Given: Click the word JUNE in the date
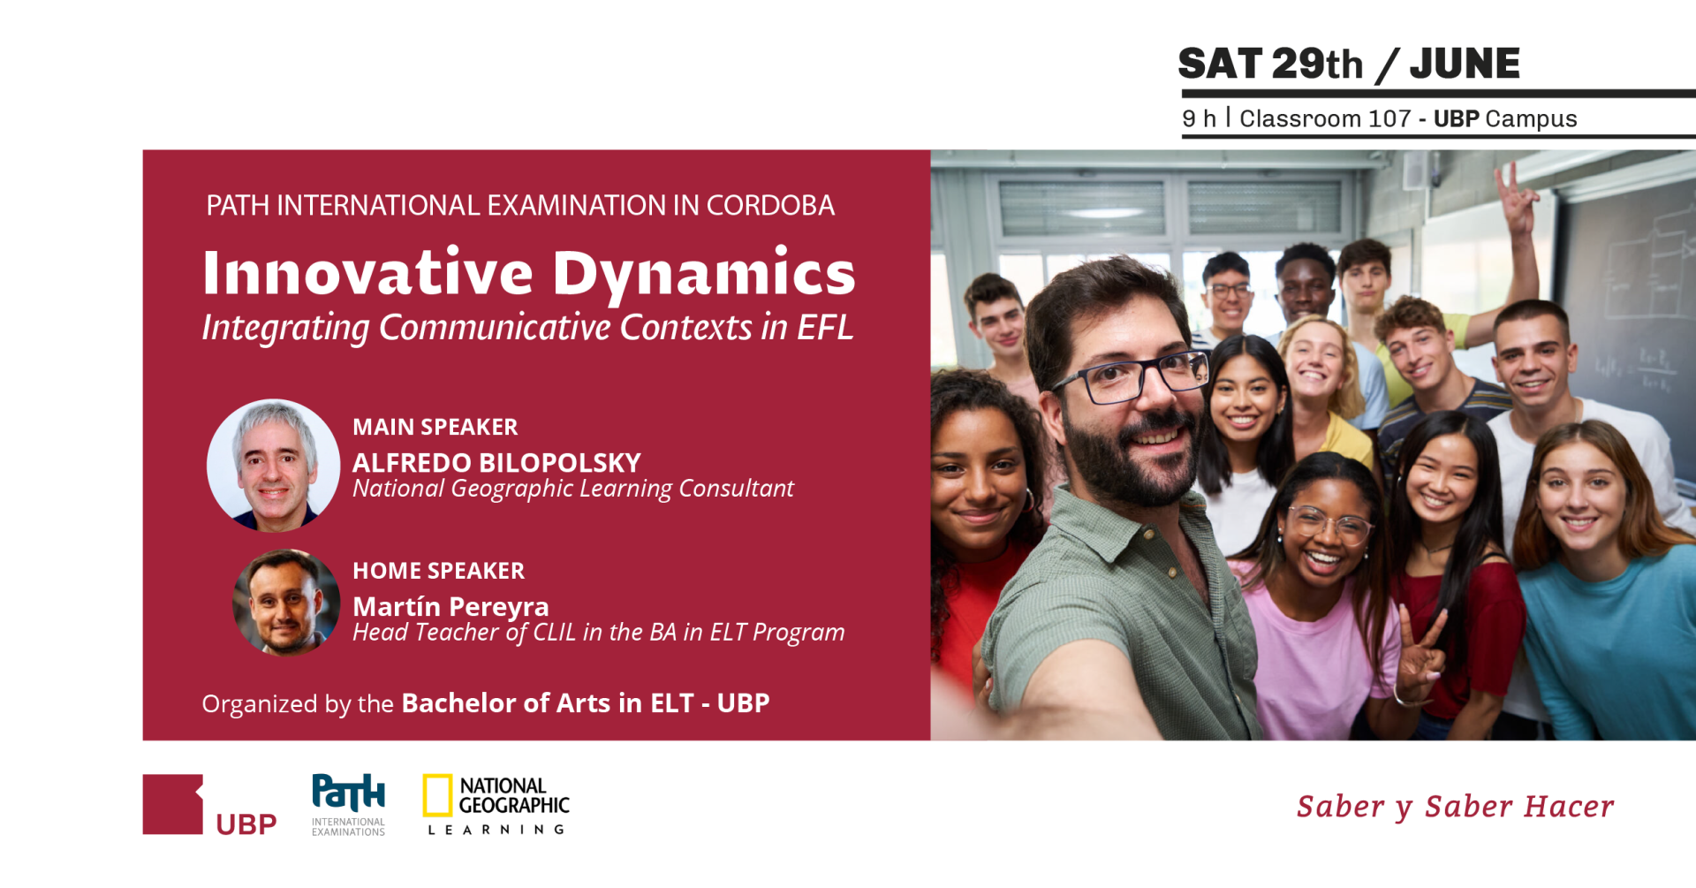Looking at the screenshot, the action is pos(1465,64).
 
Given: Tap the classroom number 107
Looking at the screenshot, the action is pos(1389,118).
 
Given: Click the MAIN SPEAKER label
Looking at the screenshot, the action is pos(435,427).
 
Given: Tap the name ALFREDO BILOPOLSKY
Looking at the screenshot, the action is pos(496,462).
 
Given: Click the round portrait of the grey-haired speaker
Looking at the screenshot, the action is pos(273,465).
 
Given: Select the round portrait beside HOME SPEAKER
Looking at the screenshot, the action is pos(286,603).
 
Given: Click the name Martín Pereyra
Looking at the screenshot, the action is pos(450,606).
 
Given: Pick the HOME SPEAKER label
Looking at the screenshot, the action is pos(439,571).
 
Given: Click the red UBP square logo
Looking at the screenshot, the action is pos(173,804).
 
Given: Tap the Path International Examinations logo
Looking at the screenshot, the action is pos(349,804).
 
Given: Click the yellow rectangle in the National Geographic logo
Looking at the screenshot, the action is pos(437,795).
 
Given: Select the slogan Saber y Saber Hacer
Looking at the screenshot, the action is pos(1456,807).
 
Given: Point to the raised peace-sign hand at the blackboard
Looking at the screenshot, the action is pos(1516,198).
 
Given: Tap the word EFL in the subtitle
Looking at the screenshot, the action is pos(825,327).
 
